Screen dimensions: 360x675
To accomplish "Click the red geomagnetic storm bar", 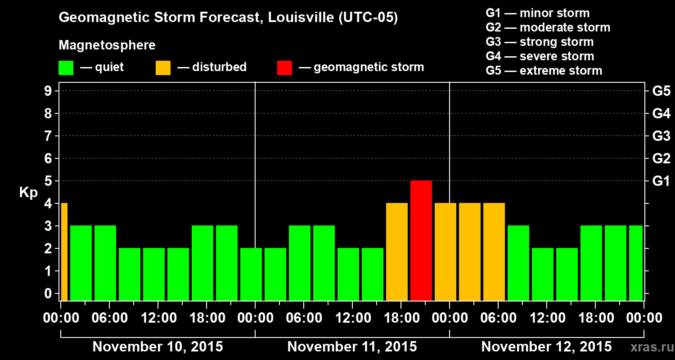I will point(421,240).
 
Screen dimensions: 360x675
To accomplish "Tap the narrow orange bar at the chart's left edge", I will point(64,252).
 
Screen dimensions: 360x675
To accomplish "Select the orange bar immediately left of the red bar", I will point(397,252).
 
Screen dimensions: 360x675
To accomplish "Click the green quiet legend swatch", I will point(66,67).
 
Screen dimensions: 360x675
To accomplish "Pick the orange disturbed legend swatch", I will point(163,67).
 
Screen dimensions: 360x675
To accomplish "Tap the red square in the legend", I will point(284,67).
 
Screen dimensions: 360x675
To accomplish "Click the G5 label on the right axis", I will point(661,91).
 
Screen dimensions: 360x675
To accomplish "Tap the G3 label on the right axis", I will point(661,136).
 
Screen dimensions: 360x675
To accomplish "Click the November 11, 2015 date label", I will point(352,347).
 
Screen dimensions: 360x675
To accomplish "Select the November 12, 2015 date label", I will point(546,347).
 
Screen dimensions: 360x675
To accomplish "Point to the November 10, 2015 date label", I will point(157,347).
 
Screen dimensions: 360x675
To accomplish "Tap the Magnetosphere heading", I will point(107,45).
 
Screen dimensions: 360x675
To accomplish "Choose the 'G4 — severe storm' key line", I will point(540,56).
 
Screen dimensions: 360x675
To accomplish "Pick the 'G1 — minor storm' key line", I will point(537,13).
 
